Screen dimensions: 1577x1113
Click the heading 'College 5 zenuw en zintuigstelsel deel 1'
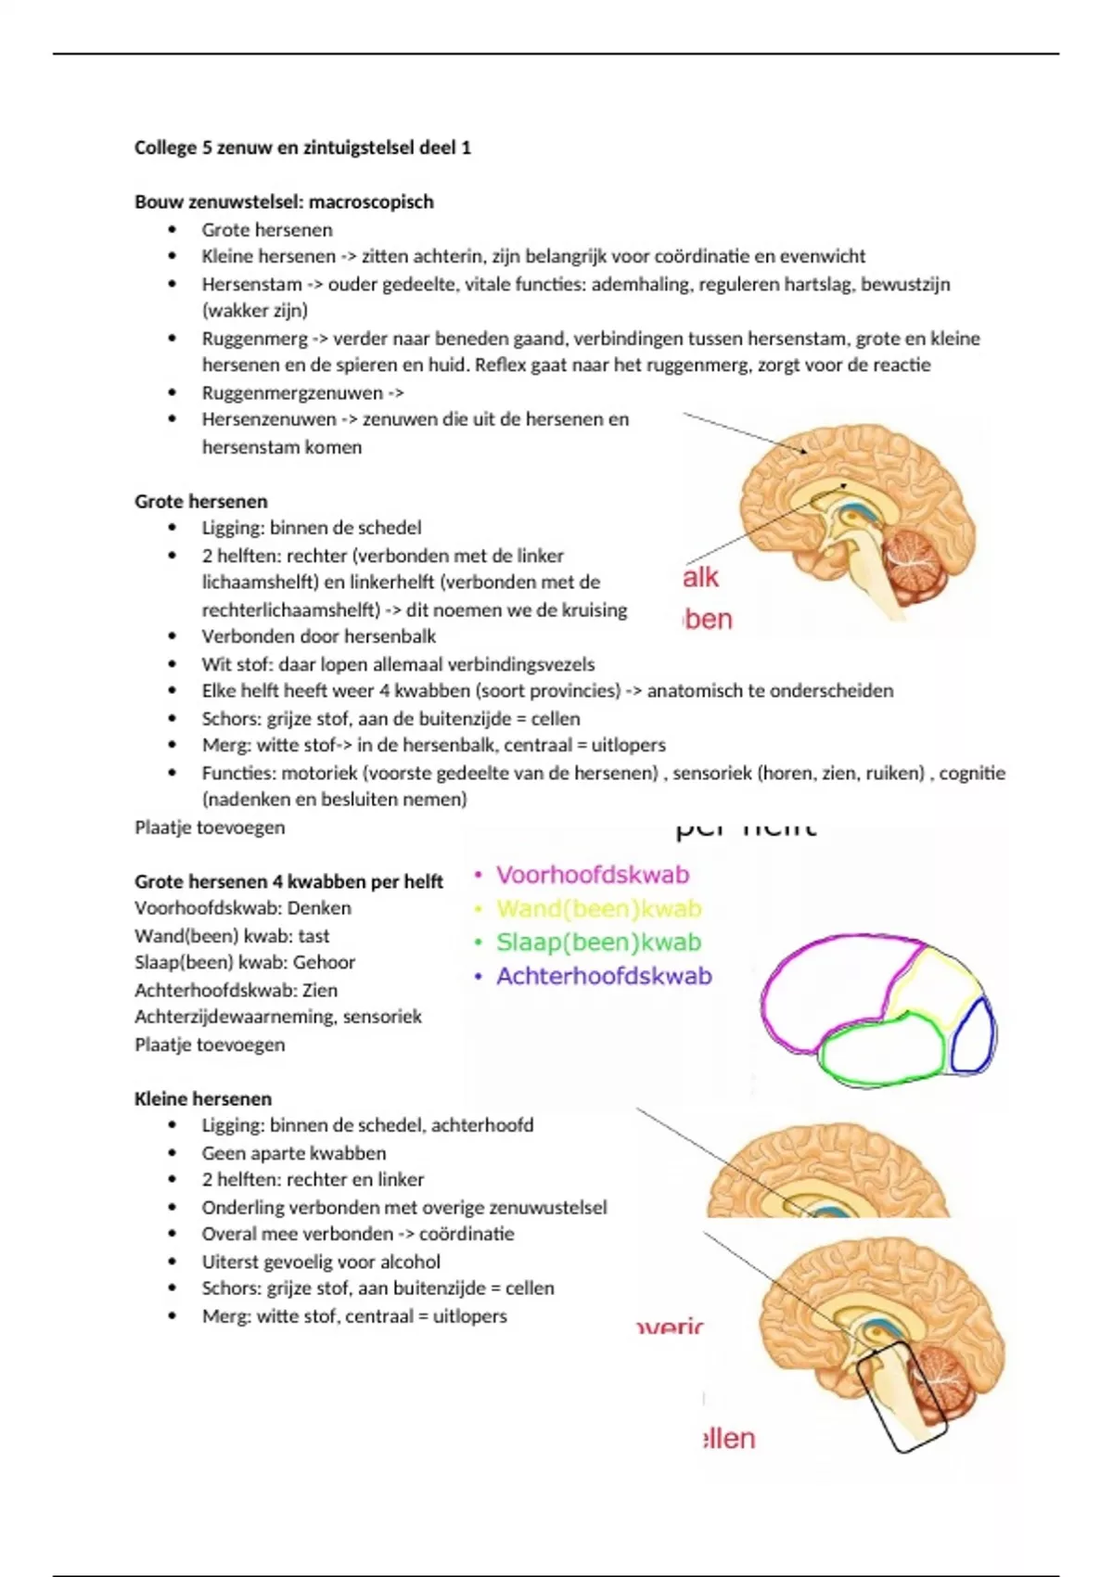point(302,147)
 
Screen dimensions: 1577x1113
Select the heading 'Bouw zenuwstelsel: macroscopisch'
point(284,202)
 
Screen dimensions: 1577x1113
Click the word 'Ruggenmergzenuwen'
point(292,392)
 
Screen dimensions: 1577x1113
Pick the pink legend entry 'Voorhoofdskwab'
point(592,875)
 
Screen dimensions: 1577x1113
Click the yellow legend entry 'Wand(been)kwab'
point(598,909)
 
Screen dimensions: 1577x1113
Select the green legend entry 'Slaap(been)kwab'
point(598,942)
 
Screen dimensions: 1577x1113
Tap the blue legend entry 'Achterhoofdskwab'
point(603,976)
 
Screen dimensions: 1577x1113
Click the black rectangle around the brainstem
point(900,1396)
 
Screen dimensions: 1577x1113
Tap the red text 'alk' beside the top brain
point(700,578)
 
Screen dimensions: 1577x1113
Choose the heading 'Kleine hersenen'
point(203,1099)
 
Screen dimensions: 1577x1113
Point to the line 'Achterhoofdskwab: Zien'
point(236,991)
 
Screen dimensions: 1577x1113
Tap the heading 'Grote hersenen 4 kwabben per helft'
point(288,882)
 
